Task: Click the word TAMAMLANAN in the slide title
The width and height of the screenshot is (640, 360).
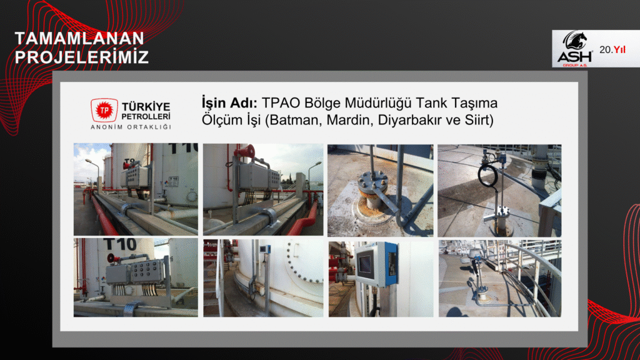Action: point(79,38)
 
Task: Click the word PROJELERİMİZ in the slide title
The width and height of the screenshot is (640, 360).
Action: point(82,57)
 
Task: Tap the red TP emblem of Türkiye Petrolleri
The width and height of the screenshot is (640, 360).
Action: point(104,110)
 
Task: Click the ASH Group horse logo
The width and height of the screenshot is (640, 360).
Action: point(575,49)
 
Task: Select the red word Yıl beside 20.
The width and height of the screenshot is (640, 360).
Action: point(619,50)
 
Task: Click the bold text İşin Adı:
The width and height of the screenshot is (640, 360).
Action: point(229,103)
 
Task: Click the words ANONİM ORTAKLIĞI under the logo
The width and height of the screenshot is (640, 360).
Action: point(131,127)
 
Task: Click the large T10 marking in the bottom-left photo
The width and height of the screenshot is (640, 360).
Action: point(120,244)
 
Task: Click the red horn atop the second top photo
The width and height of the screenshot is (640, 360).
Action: point(244,151)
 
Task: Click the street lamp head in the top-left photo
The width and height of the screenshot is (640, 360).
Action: point(88,161)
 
